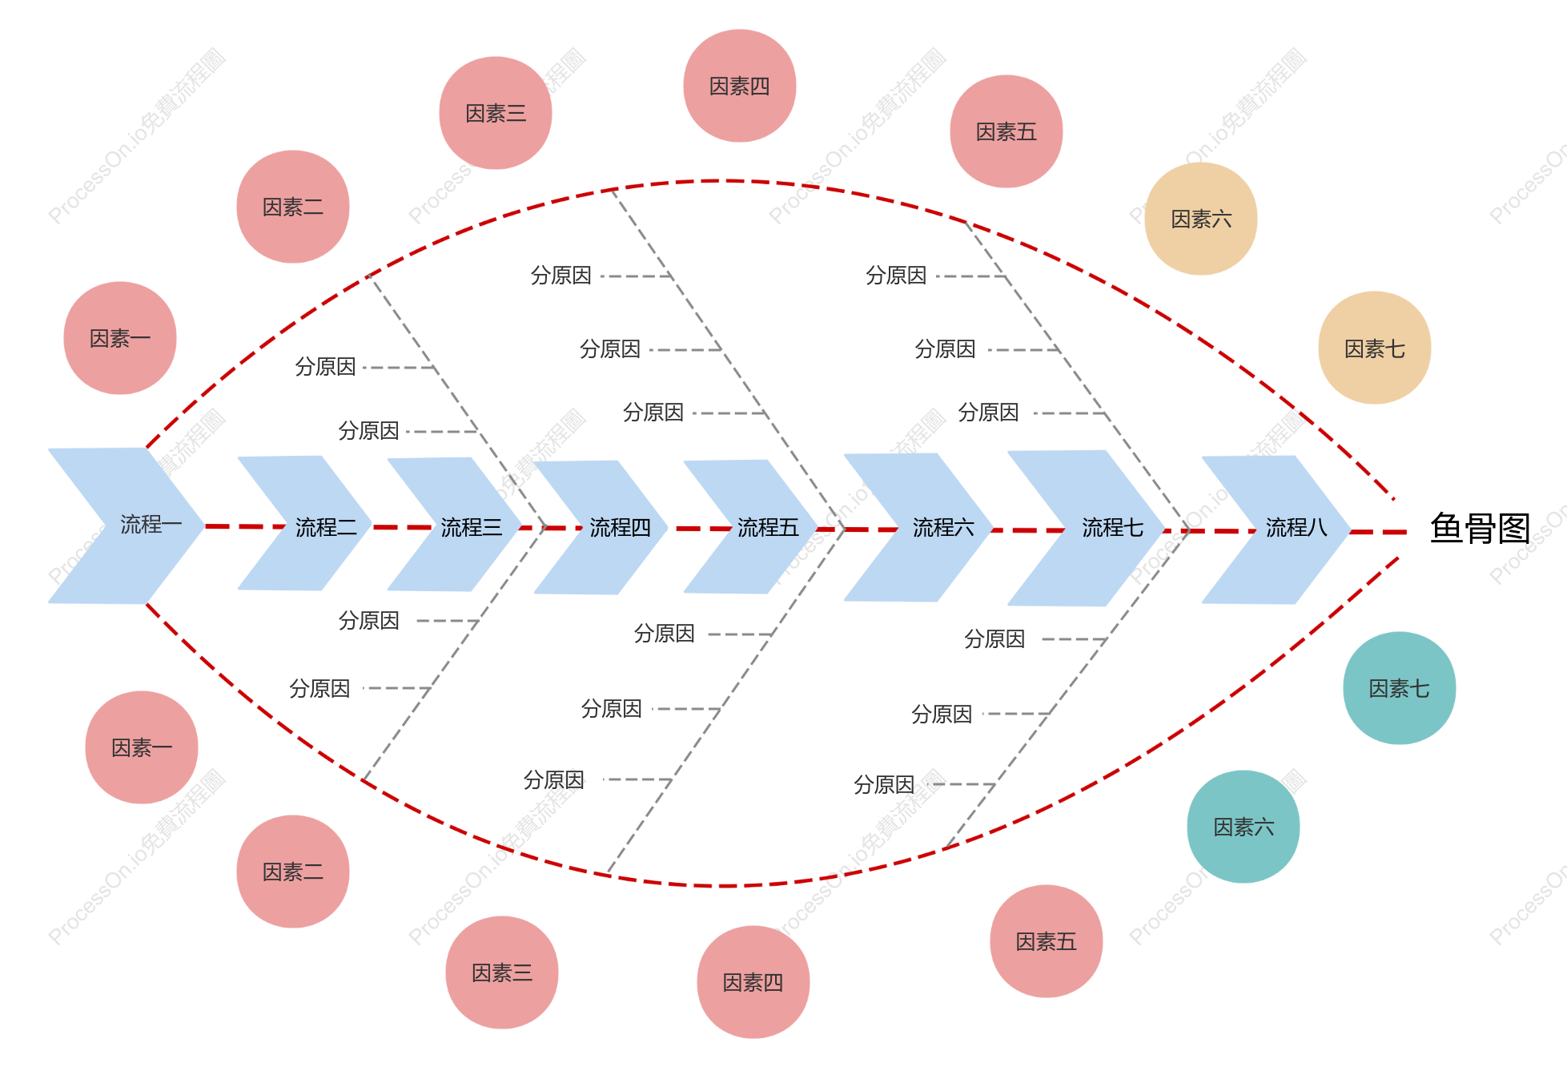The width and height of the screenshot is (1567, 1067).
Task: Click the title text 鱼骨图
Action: (1481, 529)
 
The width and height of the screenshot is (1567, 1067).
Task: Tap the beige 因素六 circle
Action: (1201, 219)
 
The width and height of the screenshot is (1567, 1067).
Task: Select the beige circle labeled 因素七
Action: (1375, 348)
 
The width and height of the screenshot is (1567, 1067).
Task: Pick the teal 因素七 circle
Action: (1400, 688)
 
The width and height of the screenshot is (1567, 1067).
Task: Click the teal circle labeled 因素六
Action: (1244, 827)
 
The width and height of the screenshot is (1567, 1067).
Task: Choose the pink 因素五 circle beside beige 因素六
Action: (1006, 131)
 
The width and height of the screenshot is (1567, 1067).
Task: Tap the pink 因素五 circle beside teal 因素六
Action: (1047, 941)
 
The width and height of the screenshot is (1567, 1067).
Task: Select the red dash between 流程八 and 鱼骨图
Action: (1379, 532)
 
